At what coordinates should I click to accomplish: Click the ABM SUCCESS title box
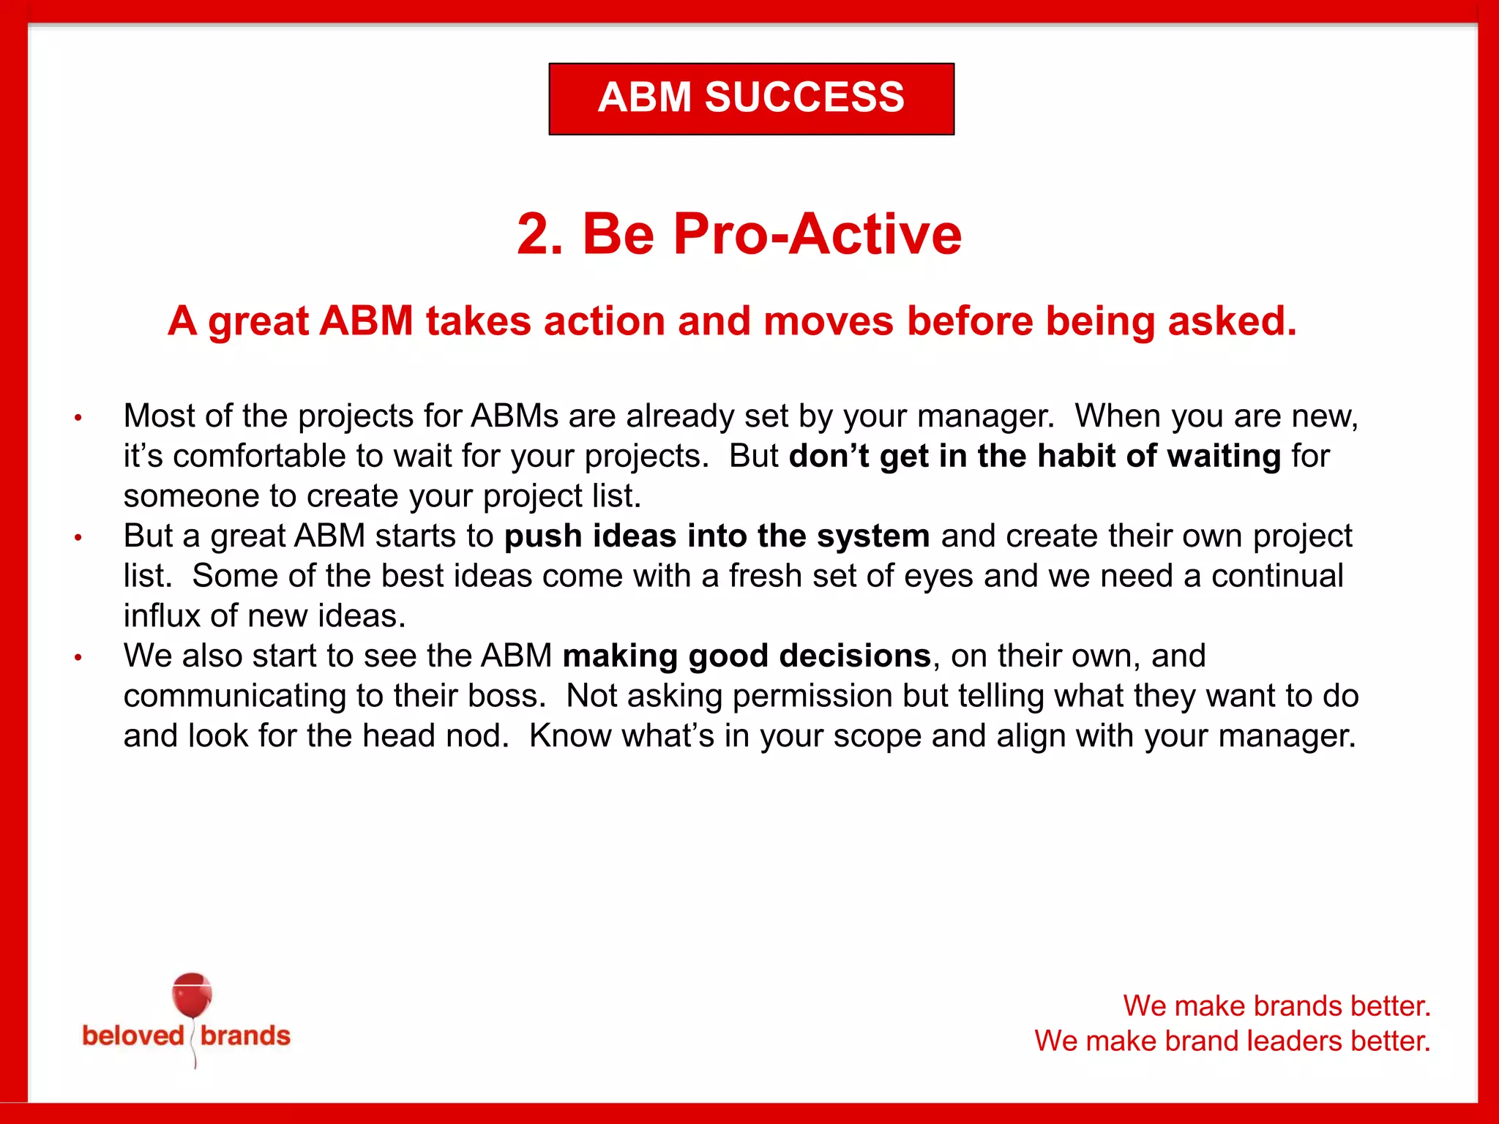(751, 98)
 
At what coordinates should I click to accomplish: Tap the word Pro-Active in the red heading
(817, 234)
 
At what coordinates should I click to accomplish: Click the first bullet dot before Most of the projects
(78, 419)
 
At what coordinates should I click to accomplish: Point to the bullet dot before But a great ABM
(78, 539)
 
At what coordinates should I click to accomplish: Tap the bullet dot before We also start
(78, 658)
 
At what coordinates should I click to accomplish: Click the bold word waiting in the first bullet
(1224, 457)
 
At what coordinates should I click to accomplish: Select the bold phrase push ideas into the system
(717, 536)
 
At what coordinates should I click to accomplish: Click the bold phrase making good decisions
(746, 656)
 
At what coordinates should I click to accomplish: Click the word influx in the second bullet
(161, 616)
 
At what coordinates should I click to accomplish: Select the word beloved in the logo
(132, 1035)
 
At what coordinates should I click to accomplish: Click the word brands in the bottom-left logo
(245, 1035)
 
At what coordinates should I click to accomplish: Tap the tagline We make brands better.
(1276, 1005)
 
